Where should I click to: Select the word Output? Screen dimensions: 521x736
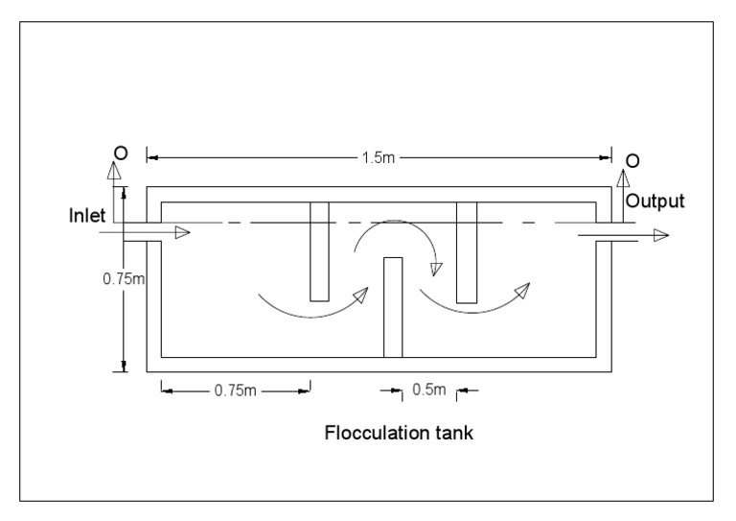(x=656, y=201)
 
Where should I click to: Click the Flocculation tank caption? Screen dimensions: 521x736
(x=399, y=433)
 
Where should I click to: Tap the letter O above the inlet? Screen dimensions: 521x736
(x=117, y=152)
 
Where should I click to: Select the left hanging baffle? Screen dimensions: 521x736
(x=319, y=250)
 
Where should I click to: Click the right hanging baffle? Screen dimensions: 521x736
(x=467, y=250)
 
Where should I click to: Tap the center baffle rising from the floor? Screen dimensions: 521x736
(x=393, y=307)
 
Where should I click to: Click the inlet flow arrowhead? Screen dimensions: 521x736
(x=182, y=231)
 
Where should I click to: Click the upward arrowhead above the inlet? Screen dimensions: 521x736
(x=114, y=171)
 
